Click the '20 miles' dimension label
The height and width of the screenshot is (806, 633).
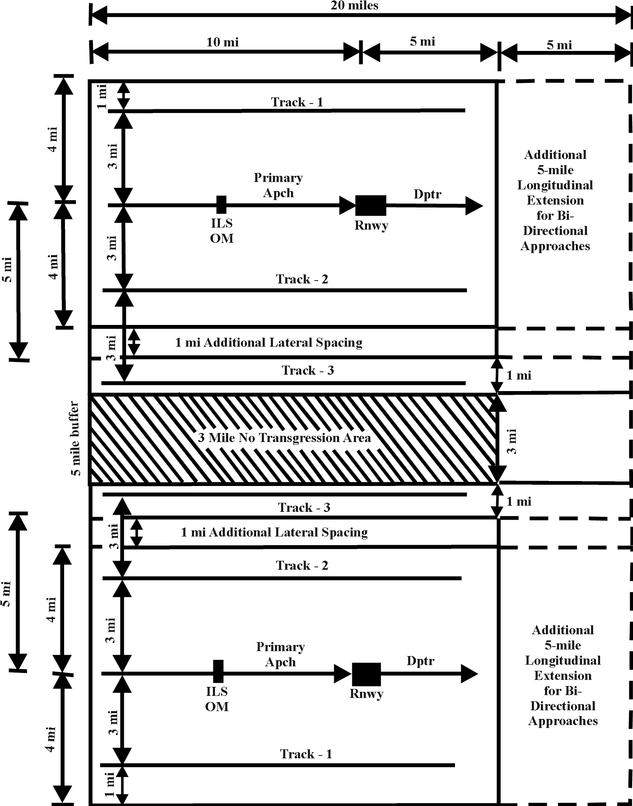tap(354, 5)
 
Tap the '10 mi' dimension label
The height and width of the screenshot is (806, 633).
tap(222, 42)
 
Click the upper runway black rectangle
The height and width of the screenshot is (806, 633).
tap(370, 205)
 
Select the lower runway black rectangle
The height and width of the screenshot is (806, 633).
tap(366, 674)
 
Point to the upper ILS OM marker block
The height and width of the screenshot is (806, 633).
tap(221, 205)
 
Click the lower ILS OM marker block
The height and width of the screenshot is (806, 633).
tap(218, 671)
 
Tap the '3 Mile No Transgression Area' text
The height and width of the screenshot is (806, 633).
tap(284, 438)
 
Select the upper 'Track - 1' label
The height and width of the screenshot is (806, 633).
tap(297, 102)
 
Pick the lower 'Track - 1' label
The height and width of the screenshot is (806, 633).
tap(306, 754)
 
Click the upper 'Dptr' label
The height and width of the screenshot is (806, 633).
tap(427, 194)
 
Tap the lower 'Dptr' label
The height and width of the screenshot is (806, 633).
tap(420, 661)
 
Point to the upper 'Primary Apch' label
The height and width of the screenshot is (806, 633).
tap(278, 185)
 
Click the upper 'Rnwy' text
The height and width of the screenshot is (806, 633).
tap(371, 225)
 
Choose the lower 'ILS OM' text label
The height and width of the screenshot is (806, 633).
tap(217, 699)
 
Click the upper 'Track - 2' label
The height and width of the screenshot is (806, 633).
tap(302, 279)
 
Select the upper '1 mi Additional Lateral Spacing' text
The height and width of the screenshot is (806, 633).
tap(269, 343)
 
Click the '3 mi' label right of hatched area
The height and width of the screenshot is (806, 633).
tap(512, 441)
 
